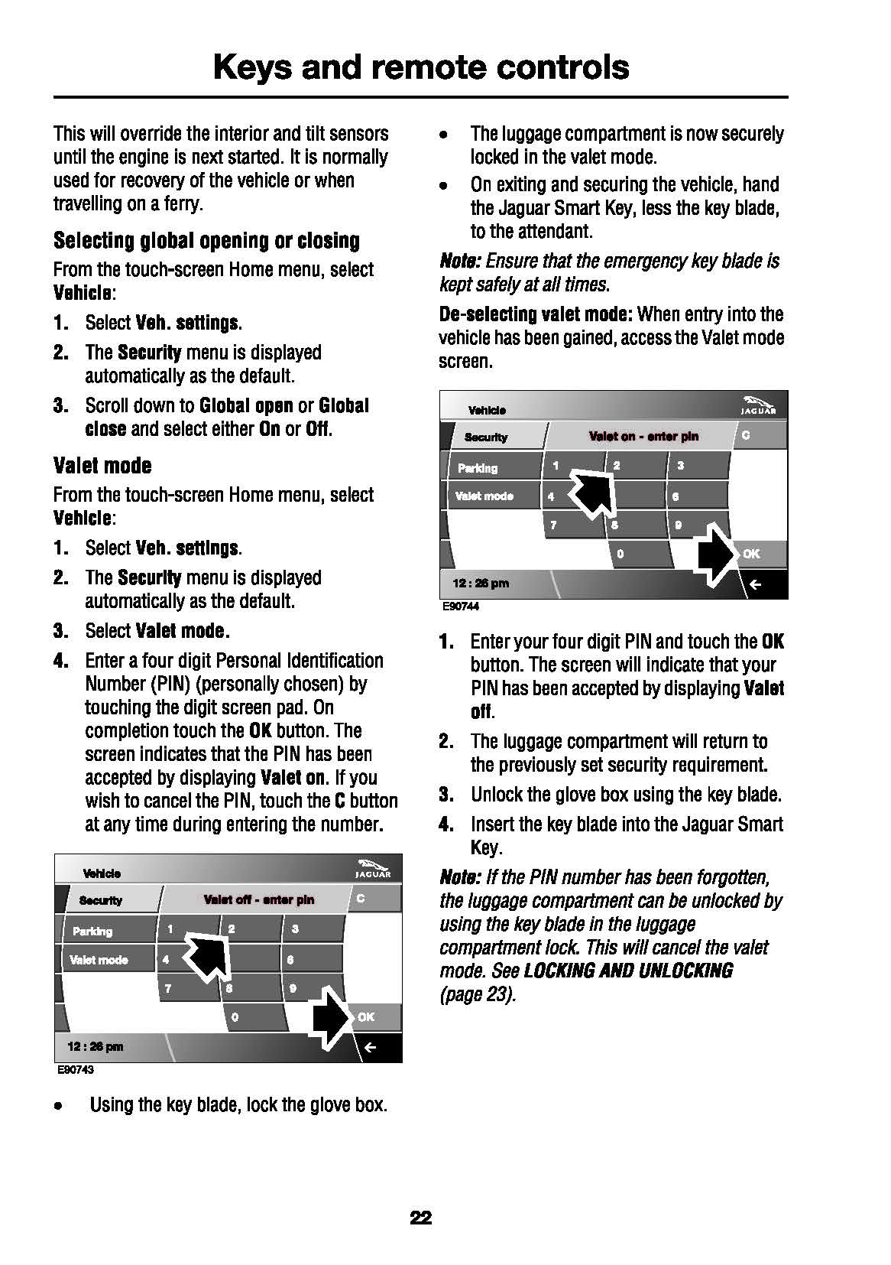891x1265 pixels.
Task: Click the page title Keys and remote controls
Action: (421, 67)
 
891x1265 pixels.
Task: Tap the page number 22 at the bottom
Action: (421, 1218)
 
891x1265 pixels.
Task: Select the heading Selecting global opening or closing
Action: (206, 241)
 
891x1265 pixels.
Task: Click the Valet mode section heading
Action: (102, 466)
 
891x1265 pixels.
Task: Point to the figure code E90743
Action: (76, 1069)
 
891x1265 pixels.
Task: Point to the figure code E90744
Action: (460, 606)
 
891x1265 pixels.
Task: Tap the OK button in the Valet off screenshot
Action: (367, 1016)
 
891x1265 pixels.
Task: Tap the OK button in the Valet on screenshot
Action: (752, 554)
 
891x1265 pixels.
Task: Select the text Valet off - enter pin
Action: (259, 899)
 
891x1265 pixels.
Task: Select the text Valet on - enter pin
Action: (643, 437)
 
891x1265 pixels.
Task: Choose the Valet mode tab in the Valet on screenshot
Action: (484, 496)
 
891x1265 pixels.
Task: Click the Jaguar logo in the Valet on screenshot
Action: (758, 405)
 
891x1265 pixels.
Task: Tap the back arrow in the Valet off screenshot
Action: (370, 1047)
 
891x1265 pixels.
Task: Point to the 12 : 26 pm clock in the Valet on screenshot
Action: (481, 584)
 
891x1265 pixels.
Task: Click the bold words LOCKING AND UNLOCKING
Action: (628, 971)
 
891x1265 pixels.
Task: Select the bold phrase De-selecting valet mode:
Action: (536, 314)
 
